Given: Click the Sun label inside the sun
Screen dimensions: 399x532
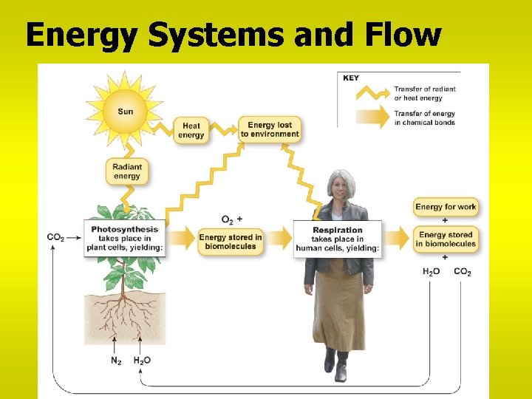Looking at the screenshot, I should pyautogui.click(x=126, y=112).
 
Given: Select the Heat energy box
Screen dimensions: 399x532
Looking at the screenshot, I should pyautogui.click(x=191, y=130).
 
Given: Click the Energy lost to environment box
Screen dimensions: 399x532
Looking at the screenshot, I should pyautogui.click(x=270, y=129).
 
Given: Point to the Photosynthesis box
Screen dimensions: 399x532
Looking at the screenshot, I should pyautogui.click(x=124, y=239).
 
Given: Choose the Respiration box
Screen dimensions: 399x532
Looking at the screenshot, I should pyautogui.click(x=337, y=239).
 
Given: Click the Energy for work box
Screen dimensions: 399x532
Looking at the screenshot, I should pyautogui.click(x=446, y=207).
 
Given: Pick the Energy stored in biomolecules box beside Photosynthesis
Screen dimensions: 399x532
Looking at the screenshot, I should pyautogui.click(x=231, y=242).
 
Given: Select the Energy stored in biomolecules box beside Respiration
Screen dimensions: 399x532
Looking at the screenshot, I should pyautogui.click(x=446, y=239).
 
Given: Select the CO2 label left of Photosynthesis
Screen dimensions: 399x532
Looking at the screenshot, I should pyautogui.click(x=56, y=237).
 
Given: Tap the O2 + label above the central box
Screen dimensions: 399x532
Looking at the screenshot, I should pyautogui.click(x=231, y=219).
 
